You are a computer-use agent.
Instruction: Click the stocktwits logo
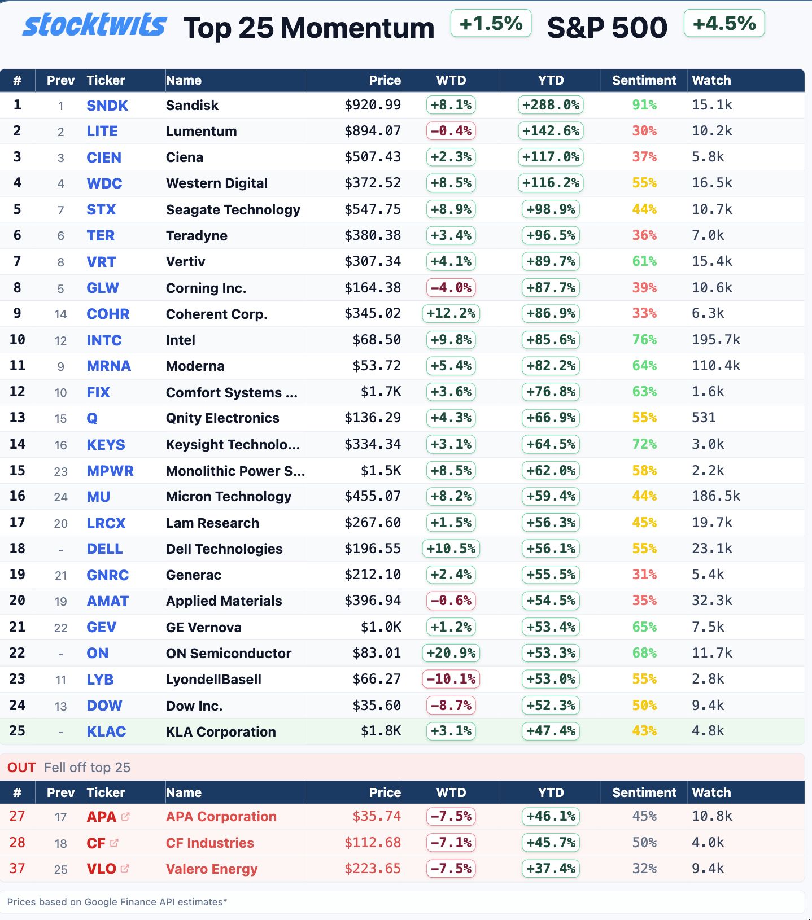tap(94, 25)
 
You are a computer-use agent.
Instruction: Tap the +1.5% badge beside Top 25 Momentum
tap(491, 24)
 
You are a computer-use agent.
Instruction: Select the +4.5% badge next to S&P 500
tap(724, 24)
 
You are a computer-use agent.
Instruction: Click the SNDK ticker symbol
tap(107, 106)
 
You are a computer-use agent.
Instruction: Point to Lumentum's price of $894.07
tap(373, 131)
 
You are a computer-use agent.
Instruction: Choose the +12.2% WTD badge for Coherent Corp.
tap(451, 313)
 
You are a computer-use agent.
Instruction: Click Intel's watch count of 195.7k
tap(716, 340)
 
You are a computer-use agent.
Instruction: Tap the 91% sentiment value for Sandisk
tap(644, 105)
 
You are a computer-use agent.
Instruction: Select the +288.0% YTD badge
tap(551, 105)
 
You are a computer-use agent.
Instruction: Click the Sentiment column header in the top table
tap(644, 80)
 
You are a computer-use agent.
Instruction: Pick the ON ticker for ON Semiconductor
tap(98, 653)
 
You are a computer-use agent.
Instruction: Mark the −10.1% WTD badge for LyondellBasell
tap(451, 678)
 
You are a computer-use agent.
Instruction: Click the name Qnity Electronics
tap(222, 418)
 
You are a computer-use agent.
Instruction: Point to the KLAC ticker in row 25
tap(106, 731)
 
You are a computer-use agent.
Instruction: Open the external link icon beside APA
tap(125, 816)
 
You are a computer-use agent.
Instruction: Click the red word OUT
tap(21, 768)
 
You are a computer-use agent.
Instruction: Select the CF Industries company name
tap(210, 843)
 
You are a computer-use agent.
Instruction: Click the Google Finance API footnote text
tap(117, 902)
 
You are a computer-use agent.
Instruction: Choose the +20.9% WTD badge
tap(451, 653)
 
